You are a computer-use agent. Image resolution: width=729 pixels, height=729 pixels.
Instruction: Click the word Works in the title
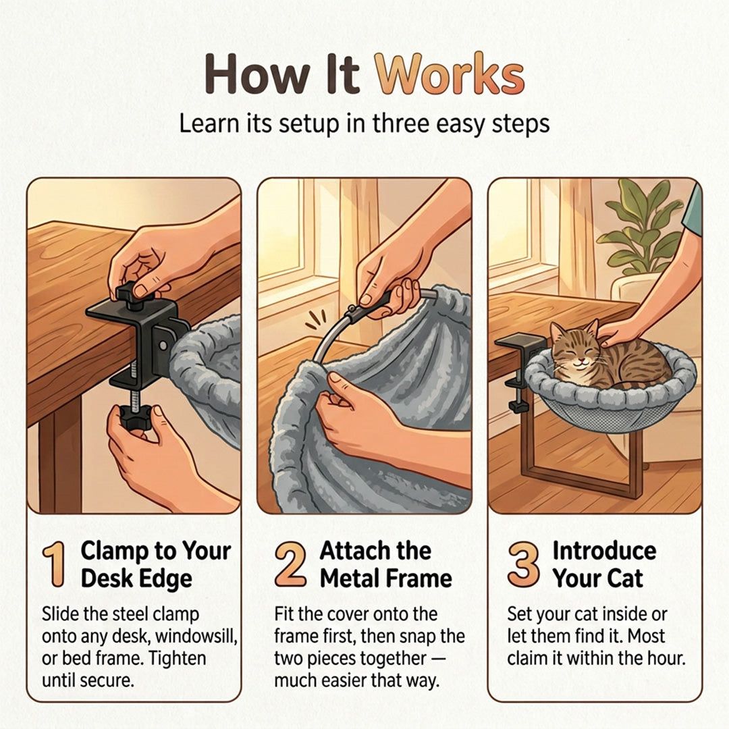click(x=450, y=74)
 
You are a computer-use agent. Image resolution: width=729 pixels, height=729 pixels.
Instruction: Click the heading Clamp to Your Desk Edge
click(x=155, y=564)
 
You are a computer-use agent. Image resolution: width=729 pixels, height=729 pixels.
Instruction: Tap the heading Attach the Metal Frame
click(x=385, y=564)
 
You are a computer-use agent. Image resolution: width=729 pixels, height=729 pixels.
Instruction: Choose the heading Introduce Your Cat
click(x=604, y=564)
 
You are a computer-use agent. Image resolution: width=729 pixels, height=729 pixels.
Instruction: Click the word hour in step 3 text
click(x=666, y=658)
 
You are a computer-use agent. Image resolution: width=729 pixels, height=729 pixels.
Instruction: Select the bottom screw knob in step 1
click(x=135, y=415)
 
